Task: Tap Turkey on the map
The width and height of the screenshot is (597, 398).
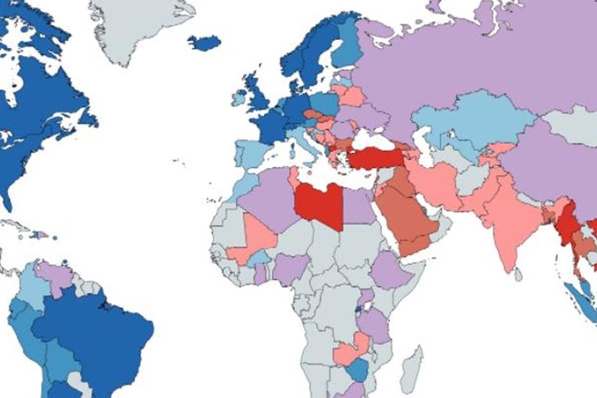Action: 375,158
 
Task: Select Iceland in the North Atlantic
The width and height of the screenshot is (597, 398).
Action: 204,43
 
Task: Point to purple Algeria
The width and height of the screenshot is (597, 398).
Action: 266,199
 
